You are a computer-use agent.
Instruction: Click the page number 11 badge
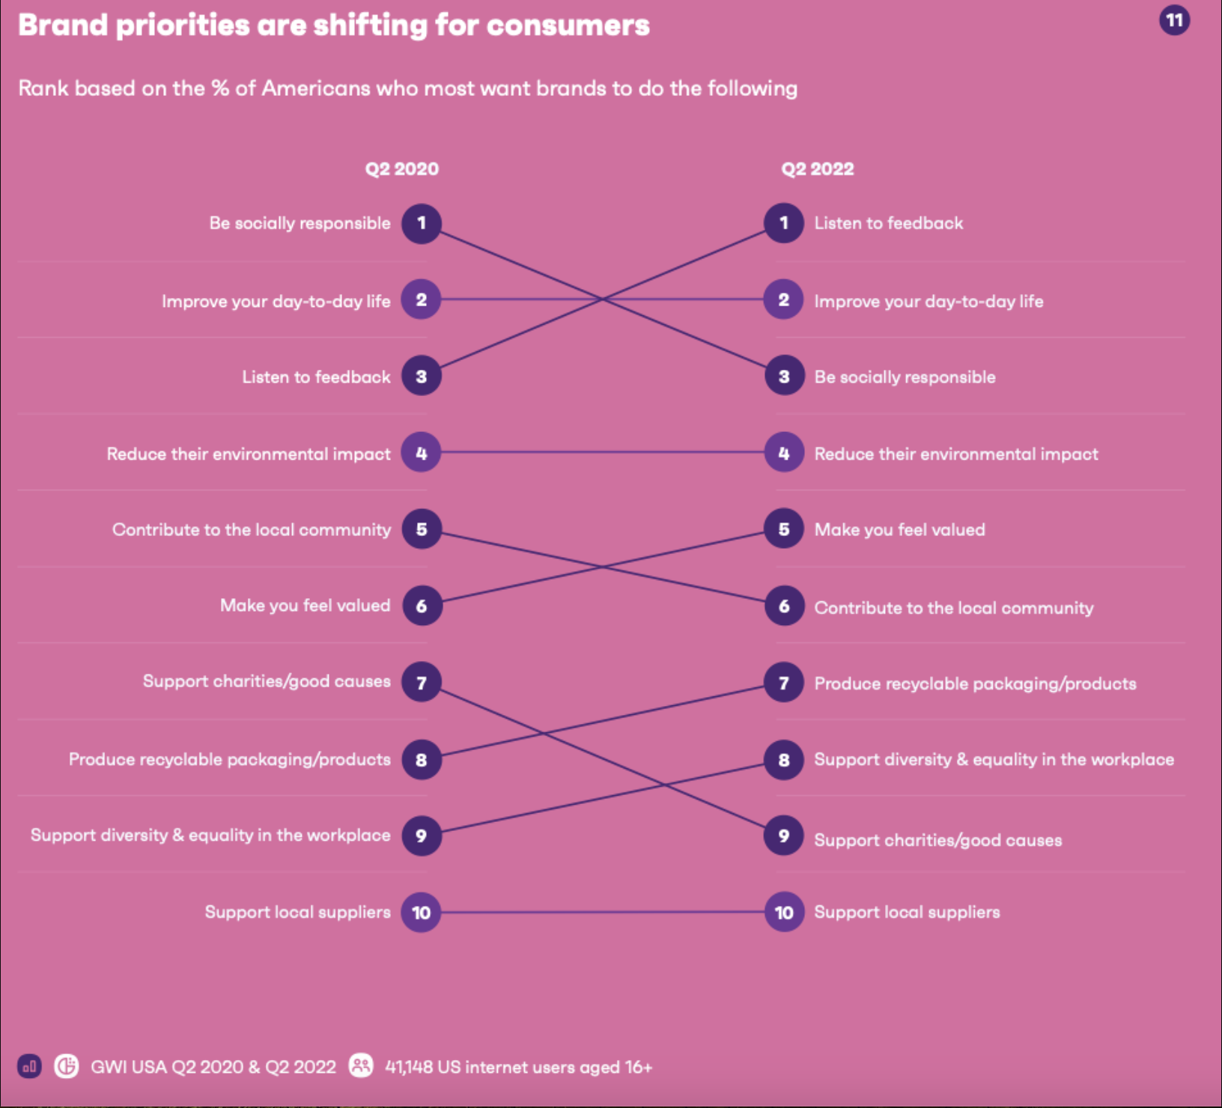(1174, 20)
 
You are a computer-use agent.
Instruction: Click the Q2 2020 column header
(401, 168)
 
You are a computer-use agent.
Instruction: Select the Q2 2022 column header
(817, 168)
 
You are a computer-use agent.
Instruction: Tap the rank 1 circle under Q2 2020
(421, 223)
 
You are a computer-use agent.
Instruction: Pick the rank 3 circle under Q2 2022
(784, 376)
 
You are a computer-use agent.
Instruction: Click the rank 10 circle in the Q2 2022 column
(784, 912)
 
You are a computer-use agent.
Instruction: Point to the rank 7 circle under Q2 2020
(421, 682)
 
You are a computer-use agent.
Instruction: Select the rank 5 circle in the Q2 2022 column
(784, 529)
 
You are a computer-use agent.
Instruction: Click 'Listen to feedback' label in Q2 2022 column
(888, 223)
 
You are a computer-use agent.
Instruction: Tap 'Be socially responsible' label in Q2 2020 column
(300, 223)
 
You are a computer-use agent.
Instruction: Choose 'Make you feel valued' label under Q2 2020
(305, 605)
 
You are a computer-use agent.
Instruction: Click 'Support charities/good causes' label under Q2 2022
(937, 840)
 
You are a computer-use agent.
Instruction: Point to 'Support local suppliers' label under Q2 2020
(297, 912)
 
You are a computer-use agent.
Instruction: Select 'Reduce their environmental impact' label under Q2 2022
(955, 454)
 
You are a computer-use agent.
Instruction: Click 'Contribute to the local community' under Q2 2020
(252, 529)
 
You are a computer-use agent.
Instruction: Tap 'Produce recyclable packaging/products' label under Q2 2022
(975, 684)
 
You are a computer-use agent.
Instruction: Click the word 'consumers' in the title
(568, 25)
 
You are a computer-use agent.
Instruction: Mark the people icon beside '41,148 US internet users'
(361, 1065)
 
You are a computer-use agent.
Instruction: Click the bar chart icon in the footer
(29, 1066)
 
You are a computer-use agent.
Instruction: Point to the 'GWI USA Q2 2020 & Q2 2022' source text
(213, 1067)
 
